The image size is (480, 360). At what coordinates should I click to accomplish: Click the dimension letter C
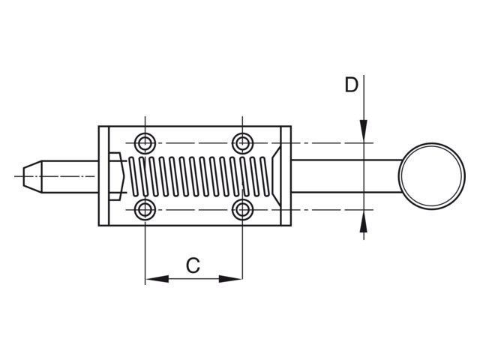[x=193, y=265]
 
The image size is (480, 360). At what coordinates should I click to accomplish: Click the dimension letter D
[x=351, y=85]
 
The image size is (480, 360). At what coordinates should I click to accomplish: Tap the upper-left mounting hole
[x=145, y=143]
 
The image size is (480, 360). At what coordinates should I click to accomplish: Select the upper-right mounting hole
[x=242, y=143]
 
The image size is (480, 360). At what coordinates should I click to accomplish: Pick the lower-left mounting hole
[x=145, y=210]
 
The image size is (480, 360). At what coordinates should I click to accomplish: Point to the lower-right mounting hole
[x=242, y=210]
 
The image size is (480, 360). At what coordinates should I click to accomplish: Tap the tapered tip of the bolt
[x=32, y=177]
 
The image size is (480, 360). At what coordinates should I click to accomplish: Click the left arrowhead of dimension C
[x=157, y=279]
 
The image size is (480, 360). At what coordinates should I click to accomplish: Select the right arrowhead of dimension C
[x=231, y=279]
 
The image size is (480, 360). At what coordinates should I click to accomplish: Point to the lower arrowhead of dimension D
[x=363, y=221]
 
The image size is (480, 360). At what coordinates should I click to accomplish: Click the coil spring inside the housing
[x=199, y=176]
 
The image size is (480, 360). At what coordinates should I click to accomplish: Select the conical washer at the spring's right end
[x=276, y=177]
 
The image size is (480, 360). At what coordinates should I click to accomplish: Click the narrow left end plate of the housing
[x=103, y=176]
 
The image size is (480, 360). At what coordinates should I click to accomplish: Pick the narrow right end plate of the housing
[x=286, y=176]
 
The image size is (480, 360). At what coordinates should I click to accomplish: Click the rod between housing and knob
[x=345, y=176]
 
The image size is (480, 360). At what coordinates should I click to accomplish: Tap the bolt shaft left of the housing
[x=70, y=177]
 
